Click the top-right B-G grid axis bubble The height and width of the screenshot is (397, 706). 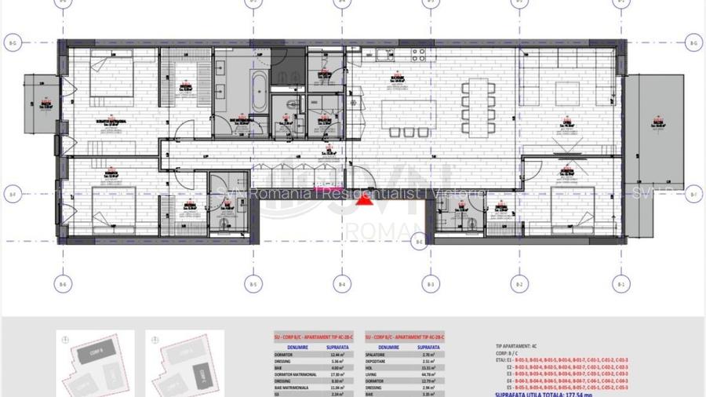coord(693,42)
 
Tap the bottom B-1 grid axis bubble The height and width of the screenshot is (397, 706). coord(620,285)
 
